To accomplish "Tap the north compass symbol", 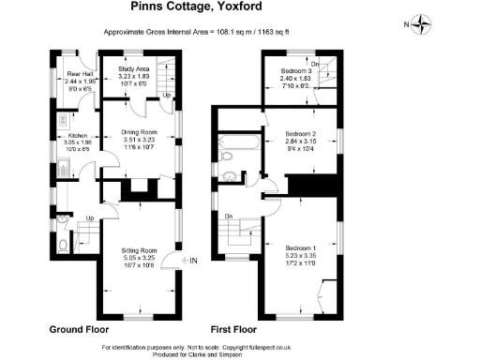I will click(x=423, y=24).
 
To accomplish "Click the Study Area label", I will click(x=134, y=69).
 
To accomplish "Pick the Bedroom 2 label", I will click(x=301, y=135).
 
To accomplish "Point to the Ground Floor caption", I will click(x=79, y=330).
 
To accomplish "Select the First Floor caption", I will click(x=233, y=330).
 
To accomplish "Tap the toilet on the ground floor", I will click(x=61, y=247).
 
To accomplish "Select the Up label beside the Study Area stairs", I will click(x=167, y=96).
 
